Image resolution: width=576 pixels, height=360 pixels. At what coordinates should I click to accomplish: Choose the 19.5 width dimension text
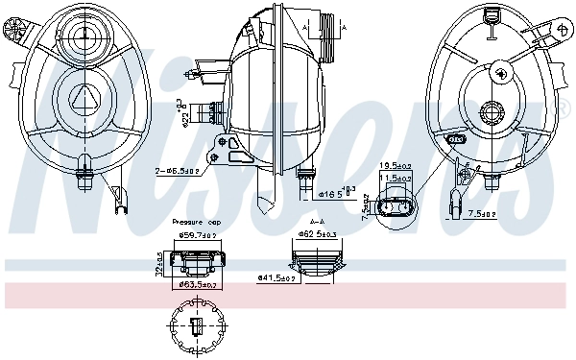(396, 165)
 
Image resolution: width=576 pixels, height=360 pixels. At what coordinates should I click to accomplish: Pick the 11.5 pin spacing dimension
(396, 179)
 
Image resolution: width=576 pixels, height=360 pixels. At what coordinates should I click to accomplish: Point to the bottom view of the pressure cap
(195, 327)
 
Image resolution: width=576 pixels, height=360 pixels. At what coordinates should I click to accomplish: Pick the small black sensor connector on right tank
(457, 139)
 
